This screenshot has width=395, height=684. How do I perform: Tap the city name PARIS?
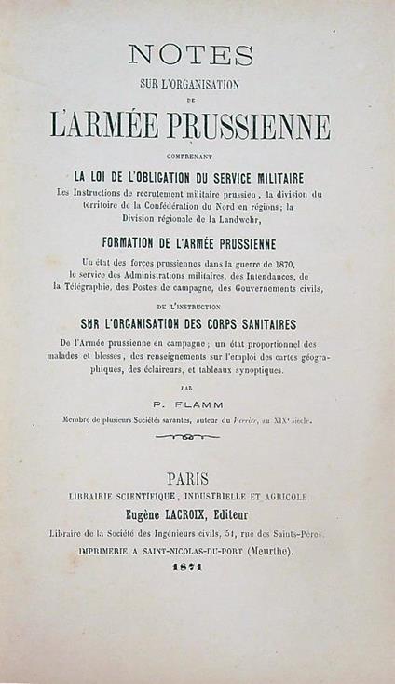pyautogui.click(x=191, y=478)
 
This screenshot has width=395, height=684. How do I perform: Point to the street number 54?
pyautogui.click(x=243, y=533)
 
